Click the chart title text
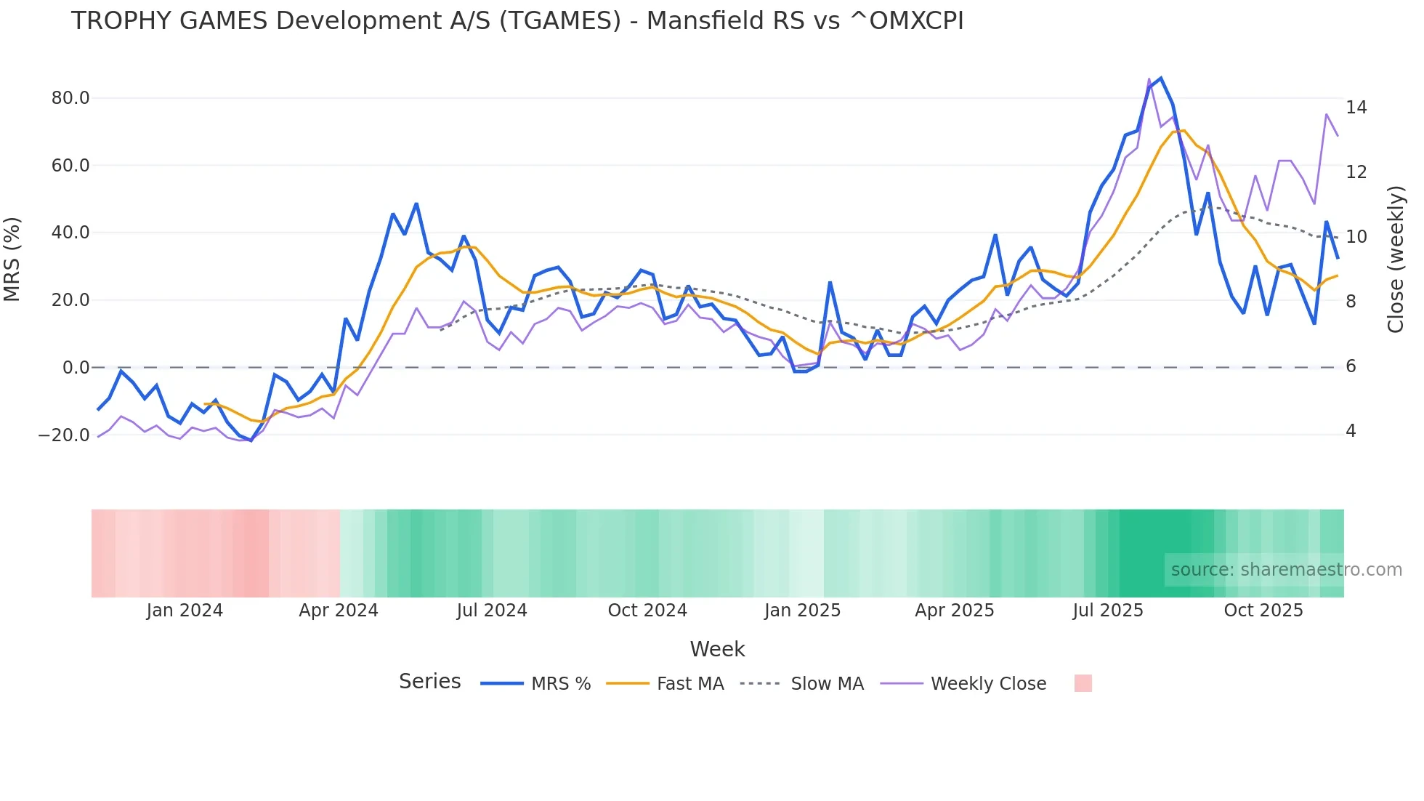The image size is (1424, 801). (x=517, y=21)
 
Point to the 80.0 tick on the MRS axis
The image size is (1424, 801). (x=70, y=98)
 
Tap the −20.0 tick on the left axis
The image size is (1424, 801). (x=65, y=435)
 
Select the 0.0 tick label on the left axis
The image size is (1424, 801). (x=76, y=368)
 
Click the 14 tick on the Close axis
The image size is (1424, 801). (x=1356, y=108)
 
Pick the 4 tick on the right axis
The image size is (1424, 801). (x=1351, y=431)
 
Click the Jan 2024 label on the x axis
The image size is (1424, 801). (x=185, y=611)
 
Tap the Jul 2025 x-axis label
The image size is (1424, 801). (x=1107, y=611)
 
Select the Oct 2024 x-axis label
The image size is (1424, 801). (x=647, y=611)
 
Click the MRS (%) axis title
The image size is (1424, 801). (x=12, y=259)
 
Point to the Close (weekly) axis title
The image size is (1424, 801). (x=1395, y=259)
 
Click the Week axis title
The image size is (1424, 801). (x=717, y=649)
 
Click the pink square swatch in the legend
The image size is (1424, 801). (x=1083, y=683)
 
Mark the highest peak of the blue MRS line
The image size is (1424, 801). (x=1160, y=78)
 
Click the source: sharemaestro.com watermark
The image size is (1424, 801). (x=1286, y=570)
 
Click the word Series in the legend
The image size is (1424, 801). (x=429, y=682)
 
